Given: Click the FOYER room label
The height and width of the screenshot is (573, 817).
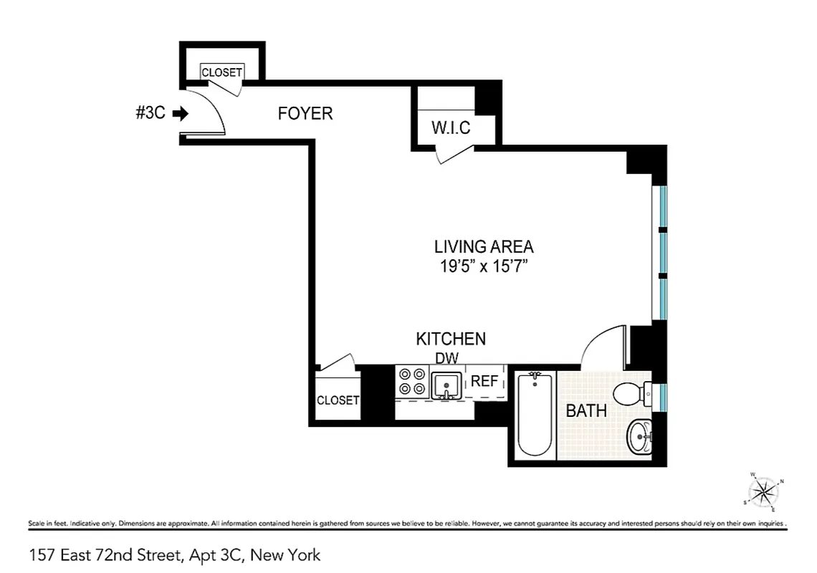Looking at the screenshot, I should click(305, 113).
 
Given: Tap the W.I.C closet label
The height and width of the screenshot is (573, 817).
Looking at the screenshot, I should click(451, 128).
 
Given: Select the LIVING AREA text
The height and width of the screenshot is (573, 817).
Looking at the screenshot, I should click(484, 247).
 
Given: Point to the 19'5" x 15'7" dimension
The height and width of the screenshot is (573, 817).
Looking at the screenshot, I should click(484, 267).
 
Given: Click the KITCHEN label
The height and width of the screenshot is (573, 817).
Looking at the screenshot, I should click(451, 339).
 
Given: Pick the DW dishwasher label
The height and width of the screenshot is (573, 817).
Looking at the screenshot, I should click(446, 357).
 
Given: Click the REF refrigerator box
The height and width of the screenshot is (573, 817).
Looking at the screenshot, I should click(484, 382).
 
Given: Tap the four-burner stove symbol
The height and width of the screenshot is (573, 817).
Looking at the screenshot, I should click(411, 382).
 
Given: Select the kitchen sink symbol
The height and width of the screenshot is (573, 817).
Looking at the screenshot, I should click(446, 384).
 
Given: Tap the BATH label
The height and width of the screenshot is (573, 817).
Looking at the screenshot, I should click(586, 411).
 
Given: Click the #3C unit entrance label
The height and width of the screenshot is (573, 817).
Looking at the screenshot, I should click(150, 113).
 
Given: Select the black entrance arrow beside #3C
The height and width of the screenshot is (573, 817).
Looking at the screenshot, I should click(181, 113).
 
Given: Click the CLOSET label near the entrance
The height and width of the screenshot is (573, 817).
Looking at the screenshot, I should click(221, 72).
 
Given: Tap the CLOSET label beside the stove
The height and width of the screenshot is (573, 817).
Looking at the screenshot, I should click(338, 400).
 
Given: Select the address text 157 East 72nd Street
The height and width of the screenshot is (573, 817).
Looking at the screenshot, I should click(175, 554).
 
